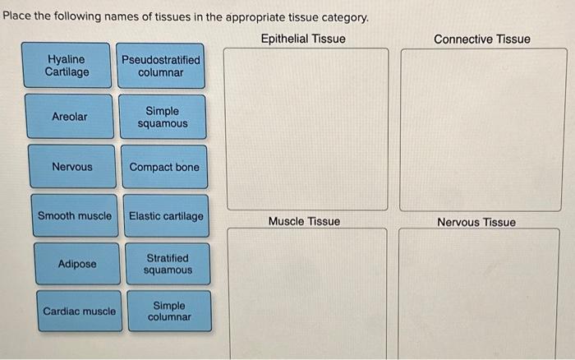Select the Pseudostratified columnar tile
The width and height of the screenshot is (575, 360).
pyautogui.click(x=160, y=67)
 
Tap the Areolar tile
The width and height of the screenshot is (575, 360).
pyautogui.click(x=69, y=117)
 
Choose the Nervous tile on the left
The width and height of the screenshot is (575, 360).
pyautogui.click(x=72, y=167)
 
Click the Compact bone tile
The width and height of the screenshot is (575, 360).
pyautogui.click(x=163, y=167)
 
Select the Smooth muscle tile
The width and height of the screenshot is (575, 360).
pyautogui.click(x=75, y=216)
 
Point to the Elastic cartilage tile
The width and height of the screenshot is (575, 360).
pyautogui.click(x=166, y=216)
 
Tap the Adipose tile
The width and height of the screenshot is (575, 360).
pyautogui.click(x=77, y=264)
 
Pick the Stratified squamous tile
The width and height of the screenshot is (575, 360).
pyautogui.click(x=168, y=264)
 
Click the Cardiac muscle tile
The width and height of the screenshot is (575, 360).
pyautogui.click(x=79, y=312)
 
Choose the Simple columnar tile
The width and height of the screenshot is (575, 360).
pyautogui.click(x=169, y=312)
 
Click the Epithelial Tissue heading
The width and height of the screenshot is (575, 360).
pyautogui.click(x=303, y=39)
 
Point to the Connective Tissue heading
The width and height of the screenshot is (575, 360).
pyautogui.click(x=482, y=39)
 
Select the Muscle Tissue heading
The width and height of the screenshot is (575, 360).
pyautogui.click(x=304, y=222)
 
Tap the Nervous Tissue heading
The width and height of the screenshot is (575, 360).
pyautogui.click(x=476, y=222)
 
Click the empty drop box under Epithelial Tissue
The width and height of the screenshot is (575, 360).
pyautogui.click(x=306, y=129)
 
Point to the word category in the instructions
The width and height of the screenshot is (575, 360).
pyautogui.click(x=344, y=16)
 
